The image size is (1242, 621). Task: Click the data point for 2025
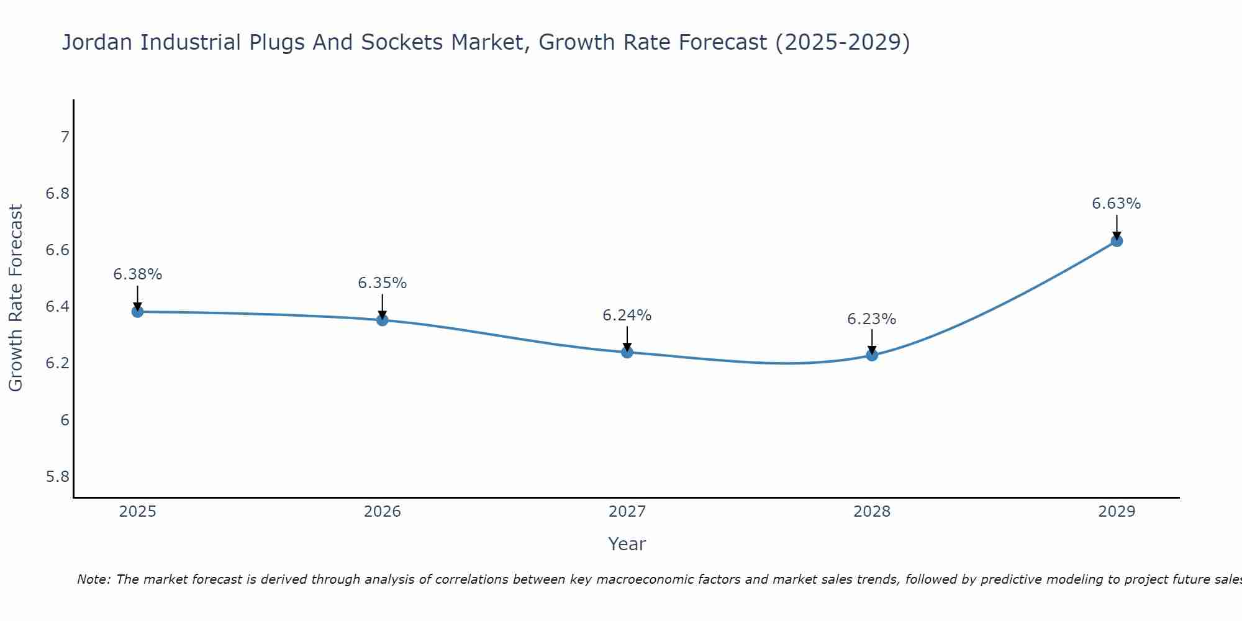138,311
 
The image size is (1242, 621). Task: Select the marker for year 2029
1117,240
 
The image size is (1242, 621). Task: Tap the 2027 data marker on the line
627,352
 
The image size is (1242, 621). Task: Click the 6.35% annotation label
382,283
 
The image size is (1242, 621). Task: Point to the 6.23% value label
871,319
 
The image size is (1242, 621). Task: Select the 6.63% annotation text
1116,204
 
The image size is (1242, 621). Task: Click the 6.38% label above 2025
138,274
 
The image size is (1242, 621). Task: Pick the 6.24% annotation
627,315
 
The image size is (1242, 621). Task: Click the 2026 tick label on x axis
382,512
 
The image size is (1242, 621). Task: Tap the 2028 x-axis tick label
871,512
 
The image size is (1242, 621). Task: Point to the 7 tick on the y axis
65,137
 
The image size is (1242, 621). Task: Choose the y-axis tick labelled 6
65,420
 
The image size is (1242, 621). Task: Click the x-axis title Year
627,544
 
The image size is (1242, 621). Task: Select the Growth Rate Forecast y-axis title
16,298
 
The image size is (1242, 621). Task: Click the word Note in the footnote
93,579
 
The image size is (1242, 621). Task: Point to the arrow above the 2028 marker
872,341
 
